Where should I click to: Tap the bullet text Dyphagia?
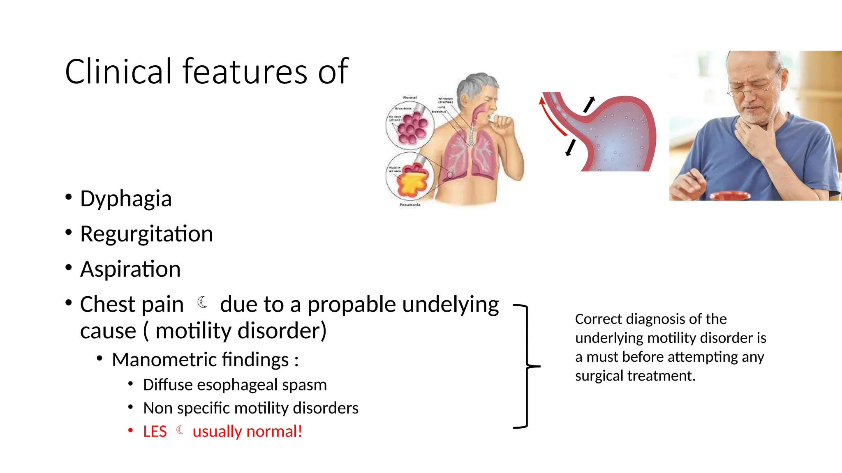[x=126, y=199]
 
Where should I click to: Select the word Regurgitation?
[x=146, y=234]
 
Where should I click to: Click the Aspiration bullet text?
[x=130, y=269]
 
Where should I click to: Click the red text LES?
[x=155, y=432]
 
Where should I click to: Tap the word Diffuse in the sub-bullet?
[x=167, y=385]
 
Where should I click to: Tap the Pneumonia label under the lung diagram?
[x=410, y=204]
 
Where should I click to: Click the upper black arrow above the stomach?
[x=590, y=104]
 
